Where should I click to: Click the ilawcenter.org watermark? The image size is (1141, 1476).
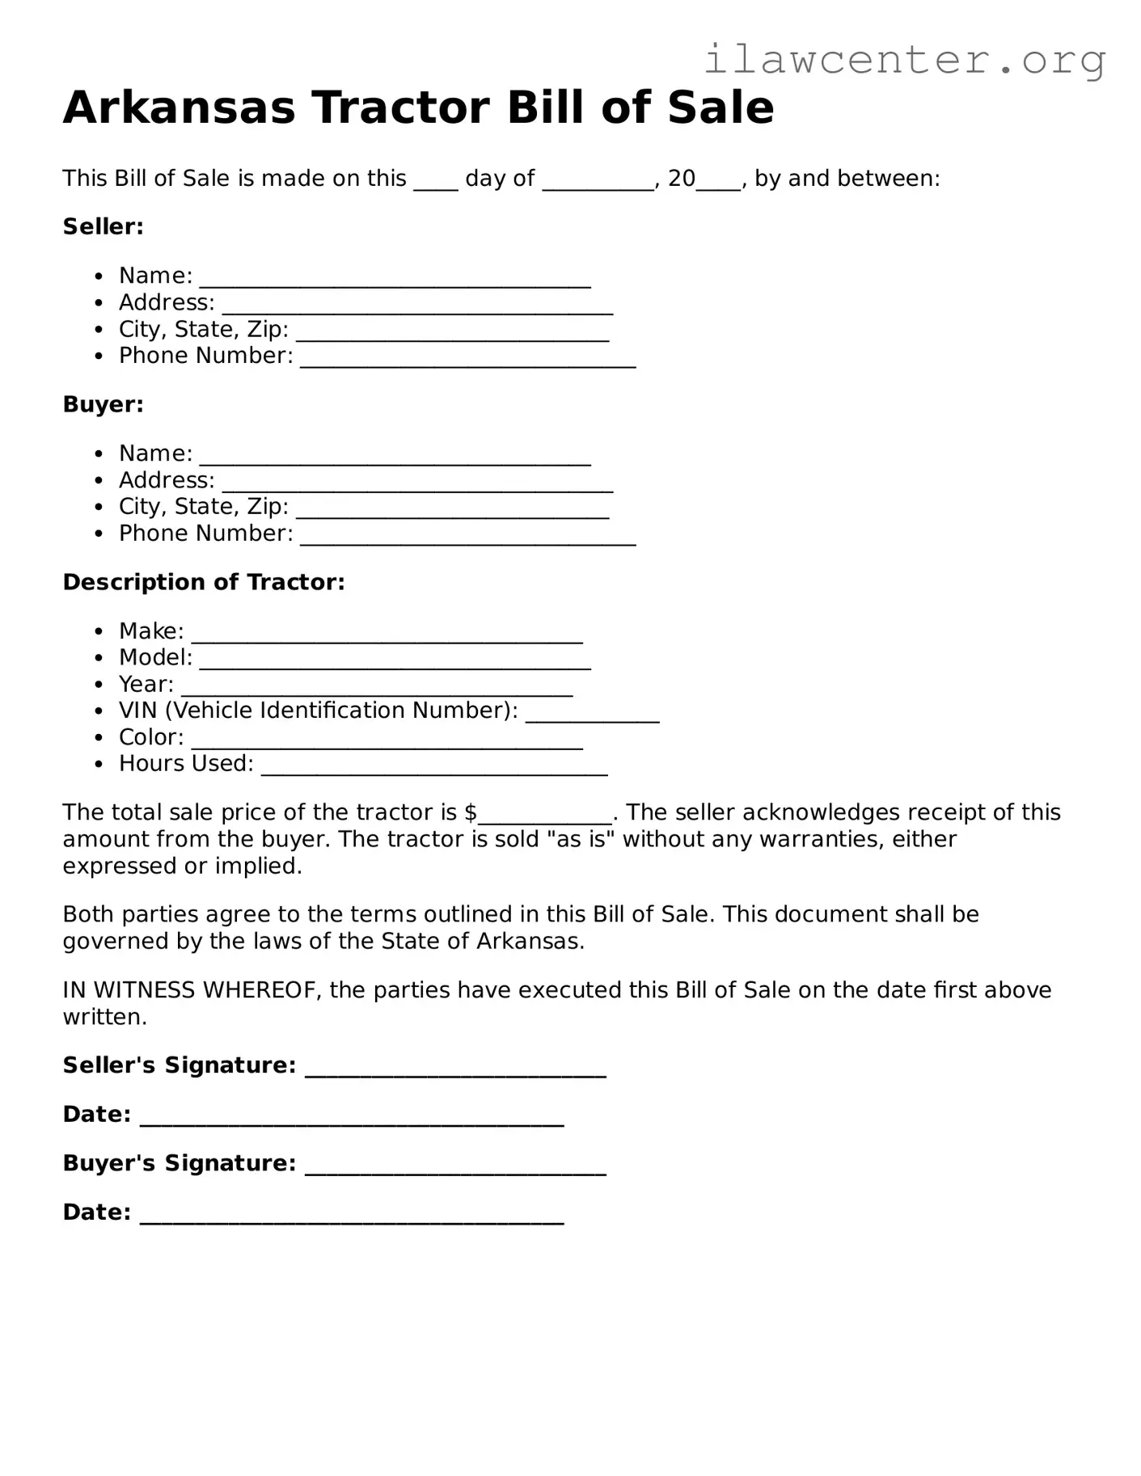point(905,60)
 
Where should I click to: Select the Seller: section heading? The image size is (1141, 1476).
point(103,227)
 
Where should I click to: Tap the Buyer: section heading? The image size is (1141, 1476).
point(103,405)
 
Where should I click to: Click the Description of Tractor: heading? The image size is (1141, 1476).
point(204,583)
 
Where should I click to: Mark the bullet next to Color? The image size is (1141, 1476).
point(99,739)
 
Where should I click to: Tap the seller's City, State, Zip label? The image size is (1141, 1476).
point(203,330)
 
